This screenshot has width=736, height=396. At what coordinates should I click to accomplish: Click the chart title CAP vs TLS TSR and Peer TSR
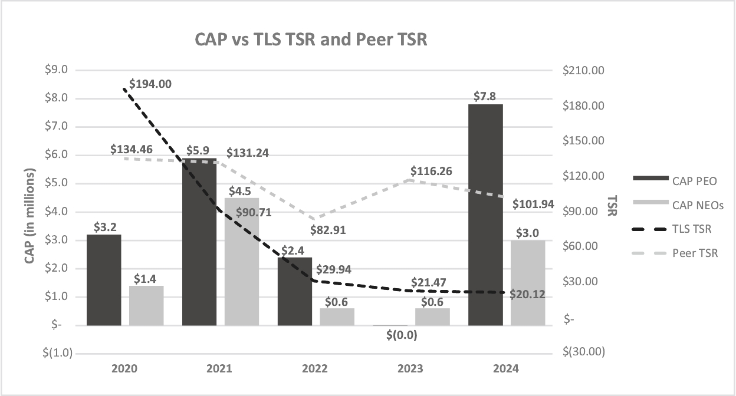[311, 40]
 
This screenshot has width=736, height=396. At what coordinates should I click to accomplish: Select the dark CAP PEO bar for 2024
[485, 214]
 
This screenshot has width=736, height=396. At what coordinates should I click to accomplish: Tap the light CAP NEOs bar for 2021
[242, 261]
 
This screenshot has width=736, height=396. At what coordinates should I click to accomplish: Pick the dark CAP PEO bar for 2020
[104, 279]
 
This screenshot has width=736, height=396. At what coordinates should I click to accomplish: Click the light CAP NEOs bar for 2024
[528, 282]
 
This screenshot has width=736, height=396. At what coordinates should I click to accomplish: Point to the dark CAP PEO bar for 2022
[295, 291]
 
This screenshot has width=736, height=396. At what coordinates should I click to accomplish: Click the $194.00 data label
[150, 84]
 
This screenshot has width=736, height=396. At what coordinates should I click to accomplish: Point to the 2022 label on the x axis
[314, 369]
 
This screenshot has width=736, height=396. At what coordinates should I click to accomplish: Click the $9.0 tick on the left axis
[57, 70]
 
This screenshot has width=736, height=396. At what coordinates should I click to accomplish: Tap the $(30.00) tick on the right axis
[583, 352]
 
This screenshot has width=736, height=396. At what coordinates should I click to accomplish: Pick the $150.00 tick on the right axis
[584, 141]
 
